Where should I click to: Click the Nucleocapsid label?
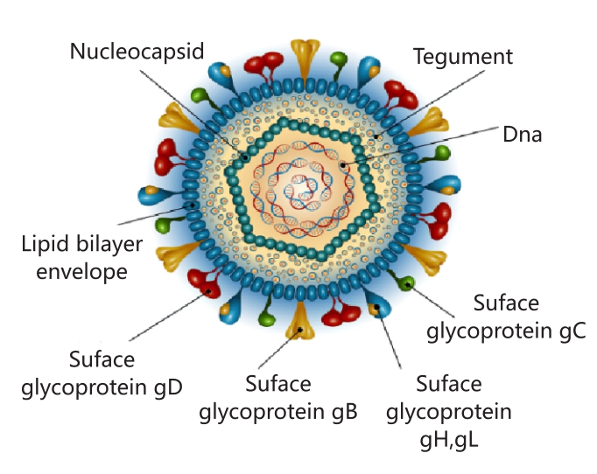137,51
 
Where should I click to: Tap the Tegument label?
463,57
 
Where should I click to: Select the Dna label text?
522,135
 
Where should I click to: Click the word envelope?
82,272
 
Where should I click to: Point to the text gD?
169,388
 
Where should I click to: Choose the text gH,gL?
449,441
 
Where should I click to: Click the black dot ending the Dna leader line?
343,165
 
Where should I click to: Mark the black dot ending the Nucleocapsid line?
246,157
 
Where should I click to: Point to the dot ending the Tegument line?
376,137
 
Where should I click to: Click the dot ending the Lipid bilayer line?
193,206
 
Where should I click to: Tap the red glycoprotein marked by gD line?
206,282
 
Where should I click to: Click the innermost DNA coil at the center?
301,189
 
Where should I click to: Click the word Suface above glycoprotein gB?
278,383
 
